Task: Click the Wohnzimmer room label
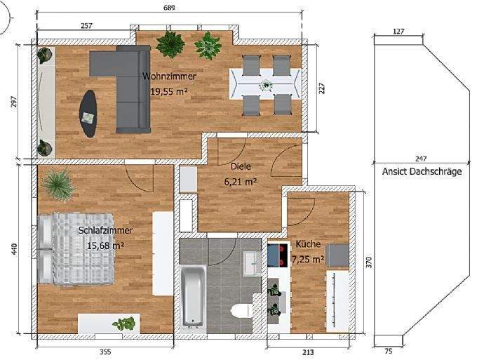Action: coord(169,76)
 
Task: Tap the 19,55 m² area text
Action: coord(169,91)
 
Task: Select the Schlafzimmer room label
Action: coord(105,230)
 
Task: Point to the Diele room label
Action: coord(241,167)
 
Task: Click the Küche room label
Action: coord(308,244)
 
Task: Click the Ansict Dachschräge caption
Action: coord(422,171)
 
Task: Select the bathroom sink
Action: coord(252,262)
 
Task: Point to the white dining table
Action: coord(266,85)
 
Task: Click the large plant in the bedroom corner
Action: coord(56,185)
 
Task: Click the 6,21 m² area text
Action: coord(240,181)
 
